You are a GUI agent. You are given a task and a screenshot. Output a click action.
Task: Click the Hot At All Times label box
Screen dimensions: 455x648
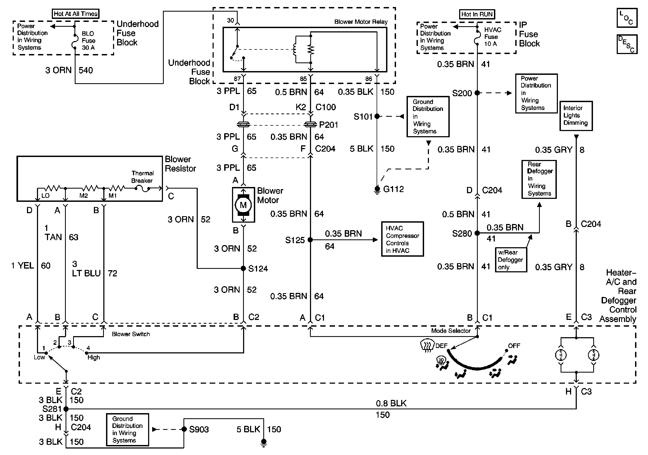(76, 14)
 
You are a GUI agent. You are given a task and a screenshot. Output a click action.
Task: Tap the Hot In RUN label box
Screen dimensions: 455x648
(477, 14)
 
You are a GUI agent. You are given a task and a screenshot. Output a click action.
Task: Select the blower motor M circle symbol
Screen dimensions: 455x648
(243, 205)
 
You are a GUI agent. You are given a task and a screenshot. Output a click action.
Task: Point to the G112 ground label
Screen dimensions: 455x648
(393, 189)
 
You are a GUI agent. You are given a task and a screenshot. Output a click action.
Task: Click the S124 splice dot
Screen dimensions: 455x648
(243, 269)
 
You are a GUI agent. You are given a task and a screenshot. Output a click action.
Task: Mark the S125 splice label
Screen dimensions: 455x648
(295, 240)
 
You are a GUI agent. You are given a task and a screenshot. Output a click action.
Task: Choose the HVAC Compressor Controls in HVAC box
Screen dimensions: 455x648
(402, 239)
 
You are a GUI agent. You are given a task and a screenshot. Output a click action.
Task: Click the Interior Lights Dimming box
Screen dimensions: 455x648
(576, 116)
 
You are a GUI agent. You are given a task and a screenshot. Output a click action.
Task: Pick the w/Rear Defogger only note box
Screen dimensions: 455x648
(511, 260)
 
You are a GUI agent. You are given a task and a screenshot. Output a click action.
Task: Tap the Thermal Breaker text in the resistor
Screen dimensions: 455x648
(142, 177)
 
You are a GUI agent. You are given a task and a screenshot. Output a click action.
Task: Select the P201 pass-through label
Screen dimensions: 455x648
(329, 125)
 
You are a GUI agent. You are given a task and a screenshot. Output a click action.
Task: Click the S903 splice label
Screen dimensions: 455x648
(199, 430)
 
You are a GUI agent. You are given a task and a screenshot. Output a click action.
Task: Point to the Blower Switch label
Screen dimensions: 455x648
(131, 334)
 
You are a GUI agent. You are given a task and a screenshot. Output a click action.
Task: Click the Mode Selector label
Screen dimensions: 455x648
(451, 331)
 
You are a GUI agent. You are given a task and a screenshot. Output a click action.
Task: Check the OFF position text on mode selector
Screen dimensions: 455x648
(514, 346)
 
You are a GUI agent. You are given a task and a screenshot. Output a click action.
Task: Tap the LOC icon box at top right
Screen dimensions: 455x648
(627, 18)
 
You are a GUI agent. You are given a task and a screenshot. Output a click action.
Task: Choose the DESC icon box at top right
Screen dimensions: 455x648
(627, 44)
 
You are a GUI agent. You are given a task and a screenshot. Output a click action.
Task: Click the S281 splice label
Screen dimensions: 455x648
(52, 409)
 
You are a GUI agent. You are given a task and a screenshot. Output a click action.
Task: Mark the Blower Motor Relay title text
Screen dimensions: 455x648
(361, 22)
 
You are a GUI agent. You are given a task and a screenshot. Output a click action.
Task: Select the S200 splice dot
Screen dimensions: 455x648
(477, 93)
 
